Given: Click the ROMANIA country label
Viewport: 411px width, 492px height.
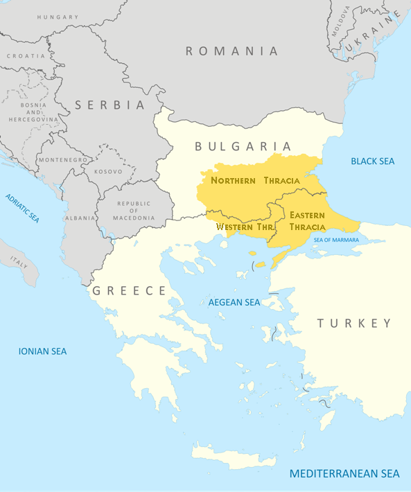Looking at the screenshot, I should (231, 51).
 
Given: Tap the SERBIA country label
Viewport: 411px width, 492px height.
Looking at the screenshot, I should (110, 105).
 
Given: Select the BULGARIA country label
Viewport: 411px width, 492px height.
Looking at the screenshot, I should (243, 146).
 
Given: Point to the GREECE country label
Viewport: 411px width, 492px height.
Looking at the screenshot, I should (129, 290).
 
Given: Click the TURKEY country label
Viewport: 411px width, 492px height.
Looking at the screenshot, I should (354, 323).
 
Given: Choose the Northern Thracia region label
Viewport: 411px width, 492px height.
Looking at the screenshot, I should (255, 180).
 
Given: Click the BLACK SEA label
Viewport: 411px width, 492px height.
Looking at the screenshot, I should (372, 161).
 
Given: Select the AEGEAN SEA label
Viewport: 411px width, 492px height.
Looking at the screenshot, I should (234, 302).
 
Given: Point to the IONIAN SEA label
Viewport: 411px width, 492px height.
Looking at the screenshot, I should (42, 351).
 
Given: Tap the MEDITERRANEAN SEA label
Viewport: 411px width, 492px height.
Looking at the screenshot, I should (344, 474).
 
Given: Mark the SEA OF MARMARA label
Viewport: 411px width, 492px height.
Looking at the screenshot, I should (336, 240).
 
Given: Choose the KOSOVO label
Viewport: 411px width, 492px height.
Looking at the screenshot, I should (109, 171).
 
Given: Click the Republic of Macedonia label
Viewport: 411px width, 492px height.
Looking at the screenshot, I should (133, 210).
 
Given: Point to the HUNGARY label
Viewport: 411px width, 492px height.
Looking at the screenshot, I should (58, 16).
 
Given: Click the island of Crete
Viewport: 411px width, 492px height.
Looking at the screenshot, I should (236, 457).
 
